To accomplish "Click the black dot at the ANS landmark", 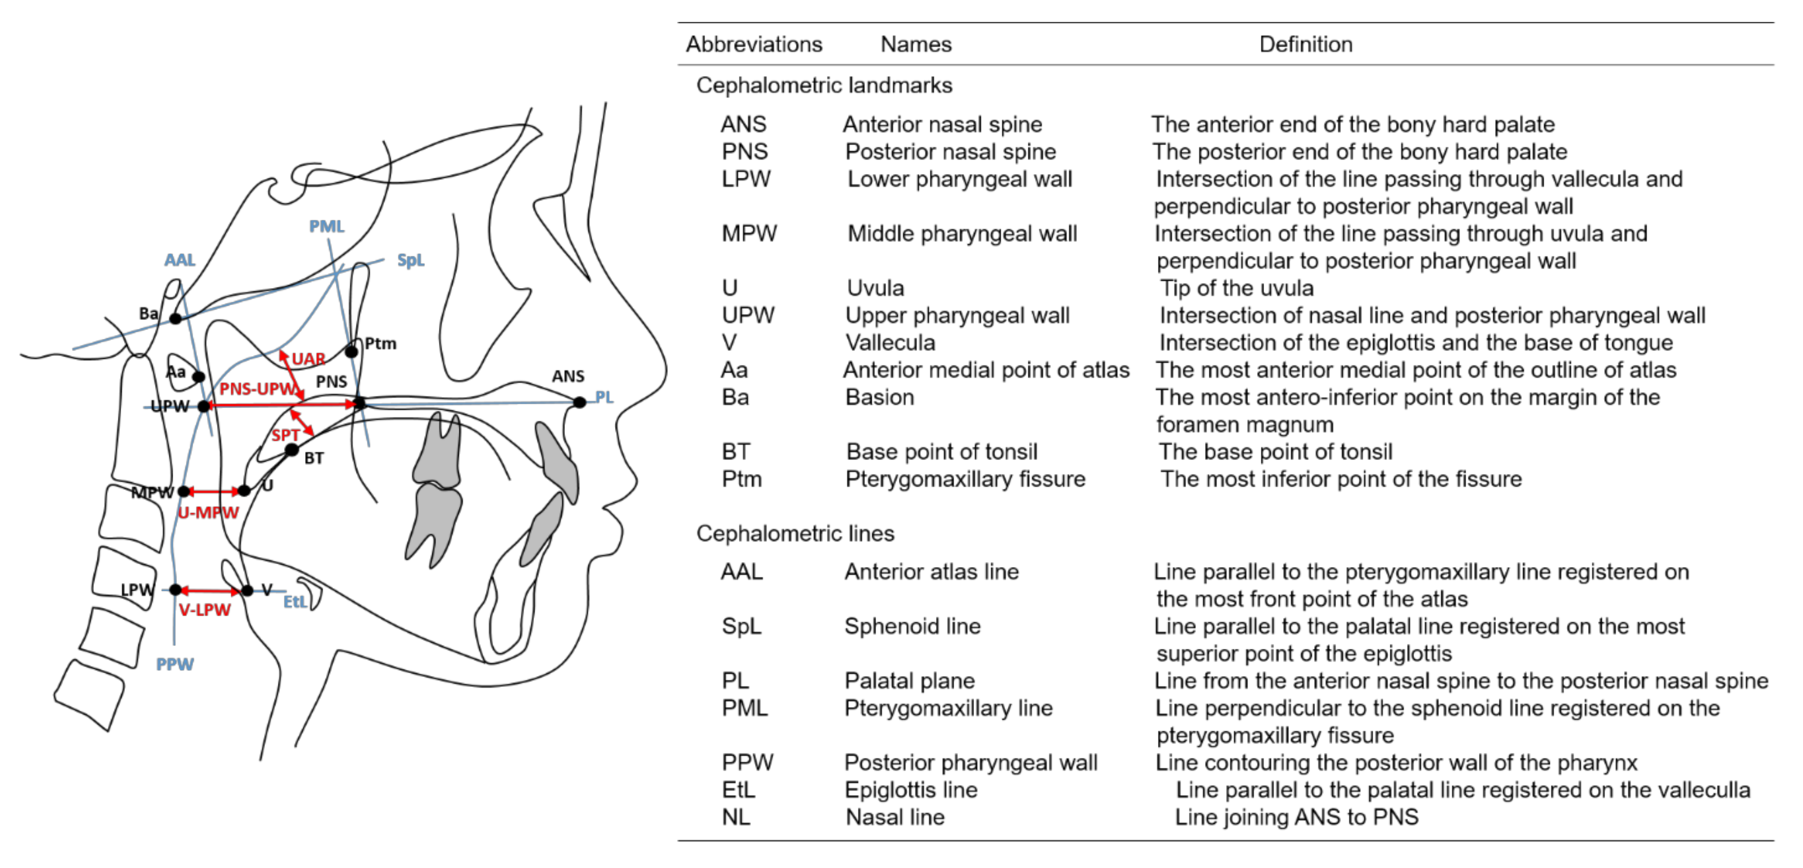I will [580, 403].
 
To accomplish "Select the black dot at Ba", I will [176, 318].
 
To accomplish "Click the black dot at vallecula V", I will [247, 591].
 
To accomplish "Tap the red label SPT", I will [286, 435].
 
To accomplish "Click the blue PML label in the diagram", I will [327, 226].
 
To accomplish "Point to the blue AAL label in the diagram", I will [180, 260].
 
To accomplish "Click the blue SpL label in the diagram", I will [411, 260].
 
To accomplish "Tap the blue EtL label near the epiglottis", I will [294, 602].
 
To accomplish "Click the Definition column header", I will [1305, 44].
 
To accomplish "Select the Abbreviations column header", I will [754, 44].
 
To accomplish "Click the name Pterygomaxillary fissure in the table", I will [965, 479].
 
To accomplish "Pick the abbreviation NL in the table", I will [736, 817].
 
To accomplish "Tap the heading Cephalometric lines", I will [795, 533].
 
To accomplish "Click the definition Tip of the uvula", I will [1237, 288].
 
